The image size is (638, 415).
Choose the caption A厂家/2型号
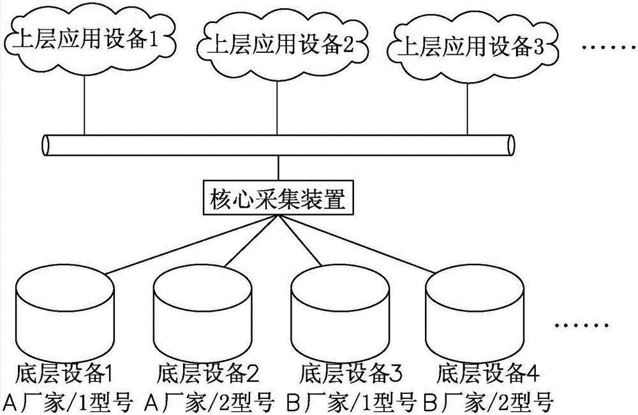pyautogui.click(x=210, y=402)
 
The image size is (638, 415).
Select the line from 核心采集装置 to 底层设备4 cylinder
pyautogui.click(x=370, y=245)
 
